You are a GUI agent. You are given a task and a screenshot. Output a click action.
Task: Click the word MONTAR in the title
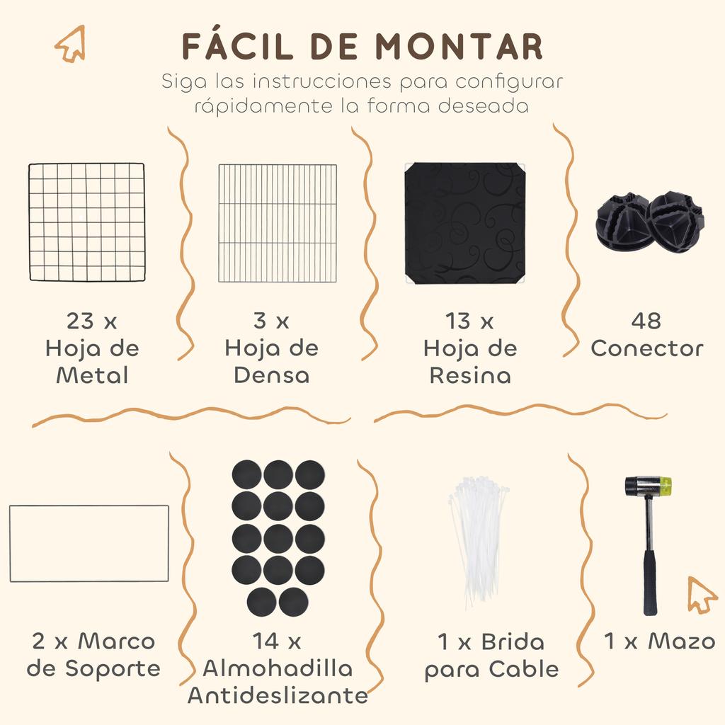click(x=458, y=47)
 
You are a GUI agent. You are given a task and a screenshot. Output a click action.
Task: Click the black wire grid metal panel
click(x=87, y=222)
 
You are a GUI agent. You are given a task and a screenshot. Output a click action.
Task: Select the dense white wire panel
click(x=278, y=223)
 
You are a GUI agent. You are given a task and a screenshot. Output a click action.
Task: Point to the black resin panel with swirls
click(x=464, y=222)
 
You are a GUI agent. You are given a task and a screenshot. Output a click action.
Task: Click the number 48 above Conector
click(x=646, y=321)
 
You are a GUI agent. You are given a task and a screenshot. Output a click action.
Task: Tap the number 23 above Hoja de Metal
click(x=80, y=321)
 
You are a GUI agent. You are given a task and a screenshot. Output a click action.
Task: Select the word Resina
click(x=470, y=375)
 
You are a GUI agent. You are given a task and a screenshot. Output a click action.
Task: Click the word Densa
click(x=272, y=375)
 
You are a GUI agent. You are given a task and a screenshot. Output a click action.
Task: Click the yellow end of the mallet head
click(x=665, y=485)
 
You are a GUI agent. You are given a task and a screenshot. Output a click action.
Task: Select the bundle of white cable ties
click(x=478, y=540)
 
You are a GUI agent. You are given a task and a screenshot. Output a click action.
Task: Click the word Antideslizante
click(x=278, y=695)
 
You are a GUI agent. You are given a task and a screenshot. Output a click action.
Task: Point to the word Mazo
click(x=682, y=641)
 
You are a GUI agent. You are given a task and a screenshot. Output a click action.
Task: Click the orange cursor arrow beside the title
click(x=72, y=43)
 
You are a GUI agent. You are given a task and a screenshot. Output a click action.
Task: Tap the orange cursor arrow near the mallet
click(x=702, y=595)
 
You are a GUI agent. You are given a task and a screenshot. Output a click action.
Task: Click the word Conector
click(x=647, y=348)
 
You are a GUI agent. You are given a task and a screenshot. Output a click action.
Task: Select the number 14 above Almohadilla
click(x=266, y=641)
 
